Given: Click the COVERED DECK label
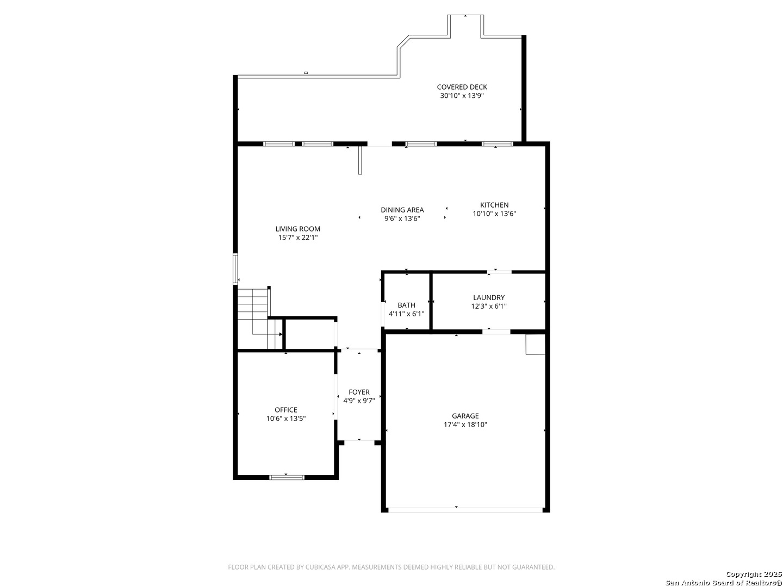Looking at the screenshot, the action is click(462, 87).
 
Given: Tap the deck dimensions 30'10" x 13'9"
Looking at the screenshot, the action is click(462, 96).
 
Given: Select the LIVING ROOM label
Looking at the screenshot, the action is click(297, 229).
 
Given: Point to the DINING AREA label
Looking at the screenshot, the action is click(402, 210).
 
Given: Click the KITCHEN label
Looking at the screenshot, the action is click(494, 205).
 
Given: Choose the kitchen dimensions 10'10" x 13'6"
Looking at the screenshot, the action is click(494, 214).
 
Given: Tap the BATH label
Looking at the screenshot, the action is click(406, 305).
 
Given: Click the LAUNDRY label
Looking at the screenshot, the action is click(489, 297).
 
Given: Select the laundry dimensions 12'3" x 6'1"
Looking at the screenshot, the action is click(489, 306).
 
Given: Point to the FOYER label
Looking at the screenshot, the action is click(359, 392).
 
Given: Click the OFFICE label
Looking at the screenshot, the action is click(285, 410).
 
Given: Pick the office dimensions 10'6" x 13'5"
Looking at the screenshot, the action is click(285, 419).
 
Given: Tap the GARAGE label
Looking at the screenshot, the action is click(465, 416).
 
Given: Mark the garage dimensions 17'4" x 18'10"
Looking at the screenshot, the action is click(465, 424).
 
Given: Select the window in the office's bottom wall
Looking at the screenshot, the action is click(287, 477).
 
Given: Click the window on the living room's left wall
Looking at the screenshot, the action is click(235, 268).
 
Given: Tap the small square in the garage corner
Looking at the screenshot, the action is click(536, 344).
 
